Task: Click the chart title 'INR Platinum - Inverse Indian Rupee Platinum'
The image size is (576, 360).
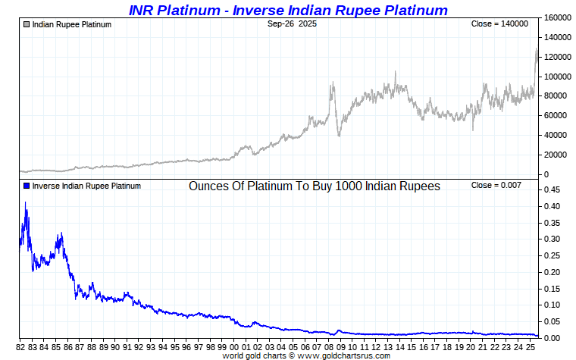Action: (x=288, y=10)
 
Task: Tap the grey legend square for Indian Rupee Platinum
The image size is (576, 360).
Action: (x=27, y=24)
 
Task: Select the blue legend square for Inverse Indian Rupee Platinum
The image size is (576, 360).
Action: (x=27, y=186)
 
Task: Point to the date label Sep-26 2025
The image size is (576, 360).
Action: (x=292, y=24)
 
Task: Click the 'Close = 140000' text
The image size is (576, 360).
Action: (x=499, y=24)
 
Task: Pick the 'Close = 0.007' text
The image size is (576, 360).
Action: (x=496, y=186)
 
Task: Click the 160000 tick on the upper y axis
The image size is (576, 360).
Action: (x=558, y=17)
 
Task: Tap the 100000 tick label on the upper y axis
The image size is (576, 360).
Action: (x=558, y=77)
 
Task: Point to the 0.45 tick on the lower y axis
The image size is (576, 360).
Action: (x=553, y=189)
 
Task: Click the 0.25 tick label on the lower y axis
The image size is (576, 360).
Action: (x=553, y=255)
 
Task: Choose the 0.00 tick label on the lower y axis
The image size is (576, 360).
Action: (x=553, y=338)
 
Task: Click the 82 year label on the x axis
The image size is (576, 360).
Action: (x=21, y=347)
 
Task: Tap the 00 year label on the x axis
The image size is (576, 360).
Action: (x=236, y=347)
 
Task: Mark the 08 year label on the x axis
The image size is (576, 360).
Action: (x=330, y=347)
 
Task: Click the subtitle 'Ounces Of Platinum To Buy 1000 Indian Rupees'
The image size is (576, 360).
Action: (x=315, y=186)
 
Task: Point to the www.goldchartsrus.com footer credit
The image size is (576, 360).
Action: (x=306, y=355)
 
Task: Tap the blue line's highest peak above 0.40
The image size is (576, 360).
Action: (x=26, y=202)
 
